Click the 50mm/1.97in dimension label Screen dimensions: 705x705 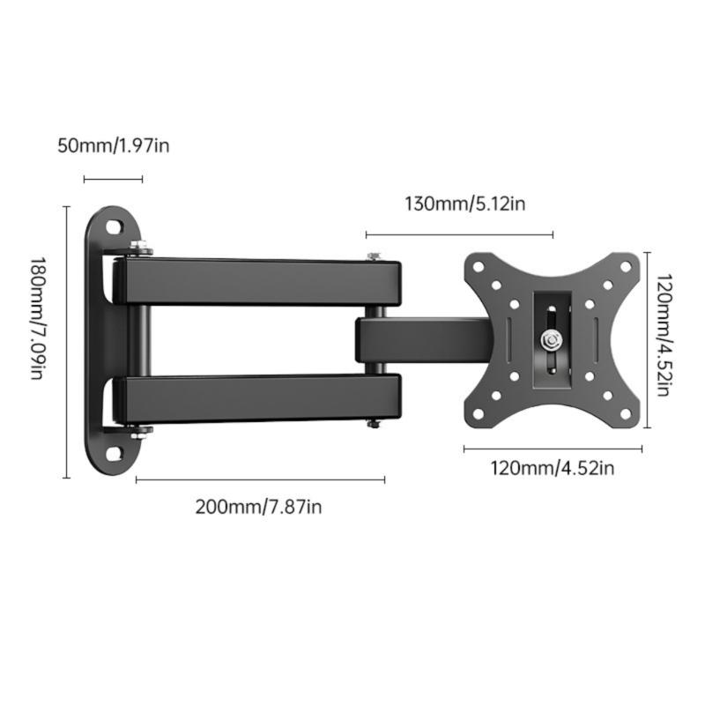(113, 145)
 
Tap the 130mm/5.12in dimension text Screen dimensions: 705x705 (464, 204)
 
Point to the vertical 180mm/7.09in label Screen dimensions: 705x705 (36, 318)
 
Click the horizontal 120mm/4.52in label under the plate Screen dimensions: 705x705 (552, 468)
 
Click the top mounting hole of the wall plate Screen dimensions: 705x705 (115, 227)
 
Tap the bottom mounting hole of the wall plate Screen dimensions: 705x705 (115, 454)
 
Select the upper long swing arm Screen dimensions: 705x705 (260, 281)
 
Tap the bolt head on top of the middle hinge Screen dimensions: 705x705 (375, 256)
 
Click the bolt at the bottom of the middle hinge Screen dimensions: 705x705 (375, 424)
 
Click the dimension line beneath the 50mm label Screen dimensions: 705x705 (113, 180)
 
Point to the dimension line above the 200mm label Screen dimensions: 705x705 (260, 479)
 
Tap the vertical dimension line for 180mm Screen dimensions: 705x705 (66, 342)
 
